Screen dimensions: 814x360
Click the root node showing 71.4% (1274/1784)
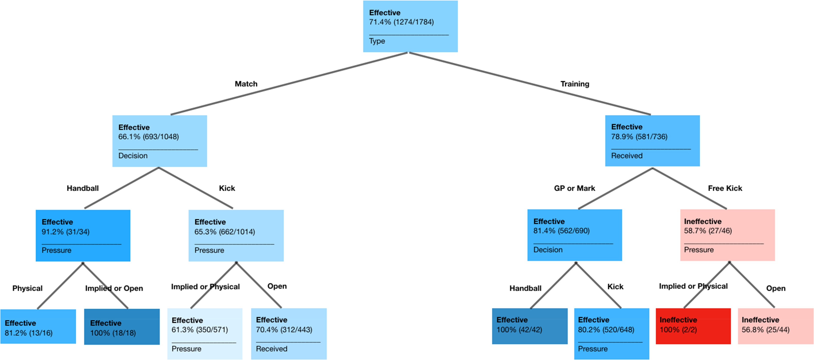coord(410,26)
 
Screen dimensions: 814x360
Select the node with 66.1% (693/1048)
coord(160,141)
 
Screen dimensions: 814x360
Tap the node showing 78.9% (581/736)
coord(652,141)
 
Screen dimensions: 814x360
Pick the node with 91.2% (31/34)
coord(83,235)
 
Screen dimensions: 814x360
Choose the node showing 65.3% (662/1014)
coord(236,235)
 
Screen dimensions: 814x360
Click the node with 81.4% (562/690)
coord(575,235)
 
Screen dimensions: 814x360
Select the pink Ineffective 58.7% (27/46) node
coord(727,235)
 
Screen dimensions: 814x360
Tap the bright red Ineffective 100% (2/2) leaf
coord(693,326)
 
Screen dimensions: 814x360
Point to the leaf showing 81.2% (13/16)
coord(38,327)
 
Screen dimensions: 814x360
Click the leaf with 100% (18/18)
coord(122,327)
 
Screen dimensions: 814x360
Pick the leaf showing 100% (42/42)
coord(530,326)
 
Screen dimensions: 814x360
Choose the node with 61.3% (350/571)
coord(205,334)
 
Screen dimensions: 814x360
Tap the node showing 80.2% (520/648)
coord(612,334)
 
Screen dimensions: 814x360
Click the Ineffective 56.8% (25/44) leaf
coord(775,326)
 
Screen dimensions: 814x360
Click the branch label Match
coord(246,84)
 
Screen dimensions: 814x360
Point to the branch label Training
coord(575,84)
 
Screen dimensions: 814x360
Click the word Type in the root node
coord(377,41)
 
